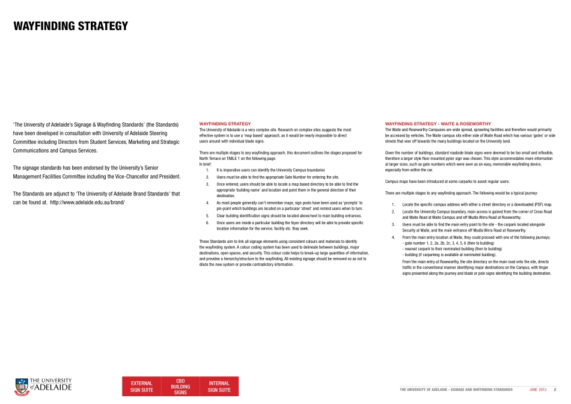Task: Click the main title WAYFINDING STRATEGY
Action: [71, 26]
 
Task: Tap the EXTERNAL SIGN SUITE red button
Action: [142, 387]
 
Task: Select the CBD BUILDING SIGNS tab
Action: [180, 387]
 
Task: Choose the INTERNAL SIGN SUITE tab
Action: [219, 387]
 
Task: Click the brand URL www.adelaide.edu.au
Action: [87, 202]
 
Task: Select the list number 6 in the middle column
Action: [207, 222]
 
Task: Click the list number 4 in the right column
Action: [392, 237]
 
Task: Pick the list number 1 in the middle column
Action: [207, 170]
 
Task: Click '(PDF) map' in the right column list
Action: [540, 204]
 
